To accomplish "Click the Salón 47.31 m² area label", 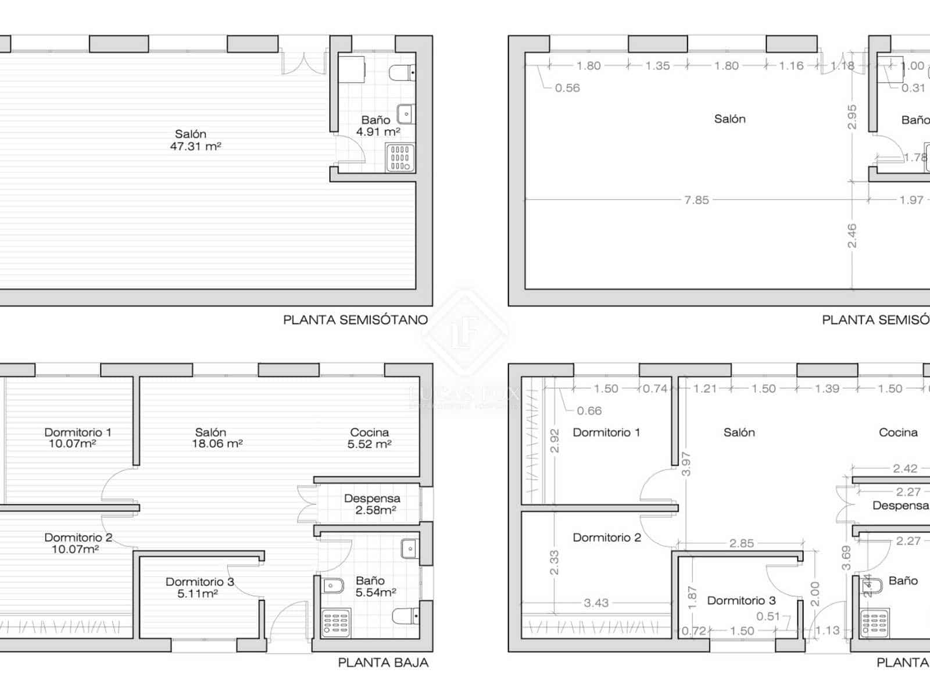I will (195, 140).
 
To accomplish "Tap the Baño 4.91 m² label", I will (377, 126).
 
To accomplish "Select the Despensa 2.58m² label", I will (372, 504).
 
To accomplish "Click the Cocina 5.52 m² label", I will (369, 438).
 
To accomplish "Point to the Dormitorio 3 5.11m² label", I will (199, 587).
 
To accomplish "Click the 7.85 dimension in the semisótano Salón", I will (696, 200).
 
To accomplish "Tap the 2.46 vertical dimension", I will (852, 236).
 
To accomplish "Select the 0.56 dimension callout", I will (567, 88).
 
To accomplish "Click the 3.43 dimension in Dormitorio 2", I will (596, 603).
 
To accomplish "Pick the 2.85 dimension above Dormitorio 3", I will (742, 543).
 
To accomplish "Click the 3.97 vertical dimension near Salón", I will (686, 464).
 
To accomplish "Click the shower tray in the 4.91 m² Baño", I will (400, 158).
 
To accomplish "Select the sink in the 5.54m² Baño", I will (409, 548).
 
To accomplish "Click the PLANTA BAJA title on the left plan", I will (383, 663).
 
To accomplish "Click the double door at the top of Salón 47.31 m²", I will (303, 63).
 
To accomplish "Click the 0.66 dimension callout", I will (589, 411).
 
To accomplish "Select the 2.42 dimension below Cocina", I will (905, 468).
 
